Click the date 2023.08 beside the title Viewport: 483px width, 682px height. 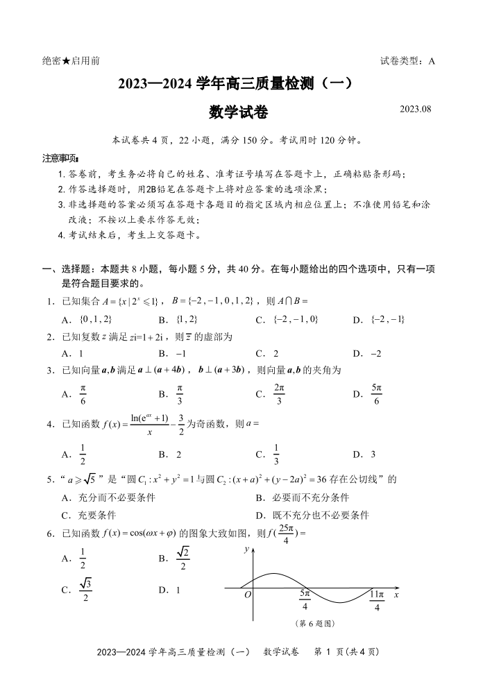point(416,109)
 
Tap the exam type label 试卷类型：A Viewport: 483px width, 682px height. point(407,61)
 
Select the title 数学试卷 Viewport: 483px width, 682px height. point(238,112)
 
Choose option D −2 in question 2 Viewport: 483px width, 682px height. point(367,353)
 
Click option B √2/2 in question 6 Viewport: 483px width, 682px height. point(176,558)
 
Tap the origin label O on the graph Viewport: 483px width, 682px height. point(248,595)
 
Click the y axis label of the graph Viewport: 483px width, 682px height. point(246,548)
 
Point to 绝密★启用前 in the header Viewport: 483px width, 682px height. point(71,61)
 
